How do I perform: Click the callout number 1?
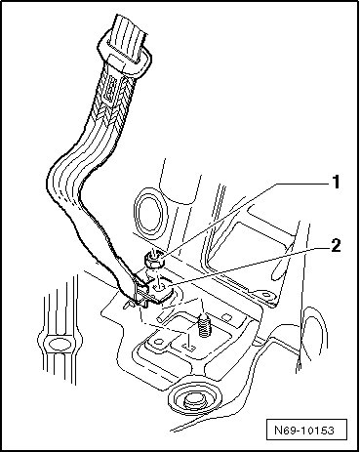tap(336, 182)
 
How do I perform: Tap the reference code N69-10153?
tap(304, 431)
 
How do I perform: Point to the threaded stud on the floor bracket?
tap(203, 326)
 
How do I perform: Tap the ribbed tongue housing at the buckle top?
tap(126, 36)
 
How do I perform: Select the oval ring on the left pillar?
tap(59, 345)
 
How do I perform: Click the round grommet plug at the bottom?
tap(193, 398)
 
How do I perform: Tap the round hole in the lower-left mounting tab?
tap(158, 341)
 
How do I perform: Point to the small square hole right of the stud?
tap(226, 316)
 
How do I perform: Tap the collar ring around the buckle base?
tap(125, 57)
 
